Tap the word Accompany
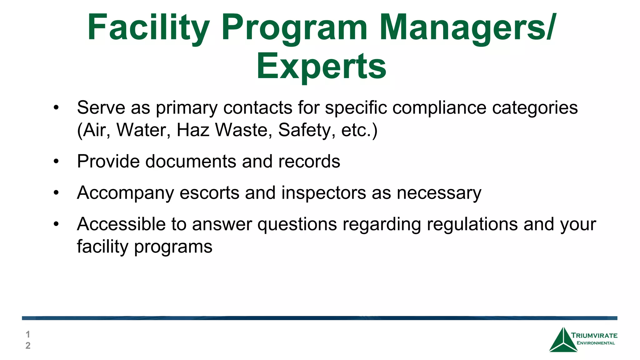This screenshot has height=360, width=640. click(125, 193)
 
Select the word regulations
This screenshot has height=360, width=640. click(472, 224)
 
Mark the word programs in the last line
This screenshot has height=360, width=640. click(173, 247)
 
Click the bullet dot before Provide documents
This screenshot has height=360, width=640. click(56, 161)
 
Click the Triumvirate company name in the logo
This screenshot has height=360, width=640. click(594, 336)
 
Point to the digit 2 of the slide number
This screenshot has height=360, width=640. click(28, 346)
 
